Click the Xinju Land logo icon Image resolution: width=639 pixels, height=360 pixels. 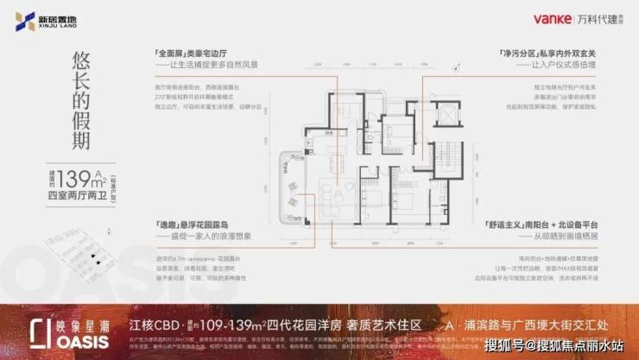[20, 23]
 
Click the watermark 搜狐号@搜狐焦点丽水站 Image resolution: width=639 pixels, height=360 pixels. [560, 348]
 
